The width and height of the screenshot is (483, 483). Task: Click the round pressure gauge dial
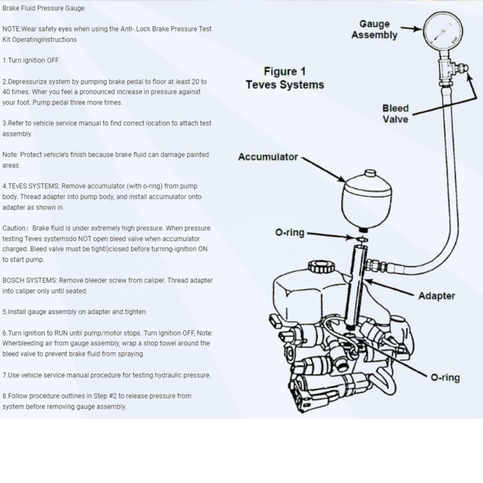[x=443, y=31]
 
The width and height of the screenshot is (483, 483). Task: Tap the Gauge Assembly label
[x=374, y=29]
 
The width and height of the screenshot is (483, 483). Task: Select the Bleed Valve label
[x=395, y=114]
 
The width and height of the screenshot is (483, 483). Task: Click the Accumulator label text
[x=268, y=157]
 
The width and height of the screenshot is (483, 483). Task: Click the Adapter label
[x=437, y=296]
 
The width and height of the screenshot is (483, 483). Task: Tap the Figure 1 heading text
[x=285, y=71]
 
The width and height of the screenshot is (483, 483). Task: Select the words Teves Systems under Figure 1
[x=285, y=85]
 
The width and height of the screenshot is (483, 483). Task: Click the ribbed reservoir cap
[x=321, y=267]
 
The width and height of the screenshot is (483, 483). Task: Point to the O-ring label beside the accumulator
[x=289, y=232]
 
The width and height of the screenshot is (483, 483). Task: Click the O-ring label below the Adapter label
[x=445, y=377]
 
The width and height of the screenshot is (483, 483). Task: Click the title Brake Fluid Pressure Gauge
[x=43, y=8]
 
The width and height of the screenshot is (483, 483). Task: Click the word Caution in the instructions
[x=14, y=228]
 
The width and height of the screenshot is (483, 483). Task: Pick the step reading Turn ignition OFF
[x=31, y=60]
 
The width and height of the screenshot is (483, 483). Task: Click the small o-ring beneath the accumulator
[x=362, y=240]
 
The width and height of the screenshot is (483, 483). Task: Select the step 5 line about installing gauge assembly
[x=75, y=312]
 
